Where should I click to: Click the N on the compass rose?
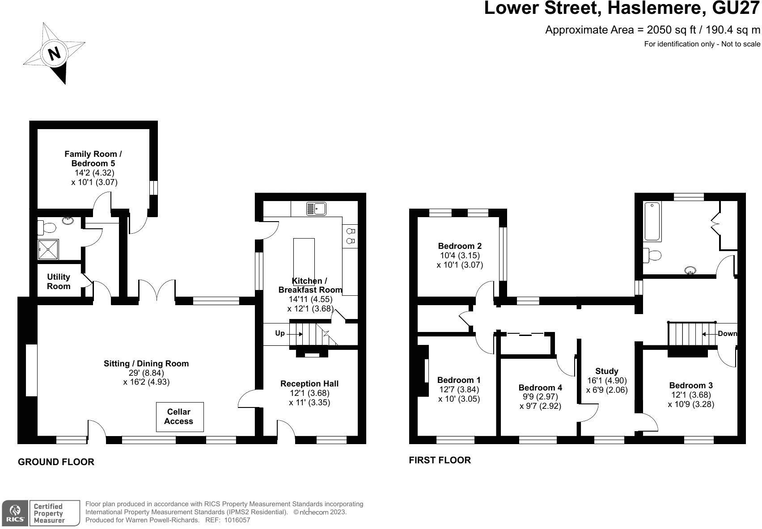(x=54, y=54)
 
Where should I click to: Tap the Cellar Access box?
(x=179, y=416)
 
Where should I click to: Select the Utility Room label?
(x=59, y=281)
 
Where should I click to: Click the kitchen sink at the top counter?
(x=316, y=208)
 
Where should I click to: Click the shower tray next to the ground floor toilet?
(x=48, y=249)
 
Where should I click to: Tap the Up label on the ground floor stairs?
(x=280, y=333)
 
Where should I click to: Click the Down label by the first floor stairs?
(x=727, y=334)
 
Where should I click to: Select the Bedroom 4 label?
(x=540, y=387)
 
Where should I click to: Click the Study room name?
(x=607, y=371)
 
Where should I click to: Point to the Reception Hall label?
(x=309, y=383)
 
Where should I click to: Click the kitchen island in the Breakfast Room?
(x=304, y=259)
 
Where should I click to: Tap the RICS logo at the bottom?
(x=15, y=513)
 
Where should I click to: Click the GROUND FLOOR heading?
(x=56, y=462)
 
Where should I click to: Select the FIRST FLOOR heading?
(x=440, y=460)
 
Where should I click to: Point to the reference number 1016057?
(x=237, y=520)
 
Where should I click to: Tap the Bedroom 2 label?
(x=460, y=246)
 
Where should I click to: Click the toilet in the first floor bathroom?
(x=653, y=256)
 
